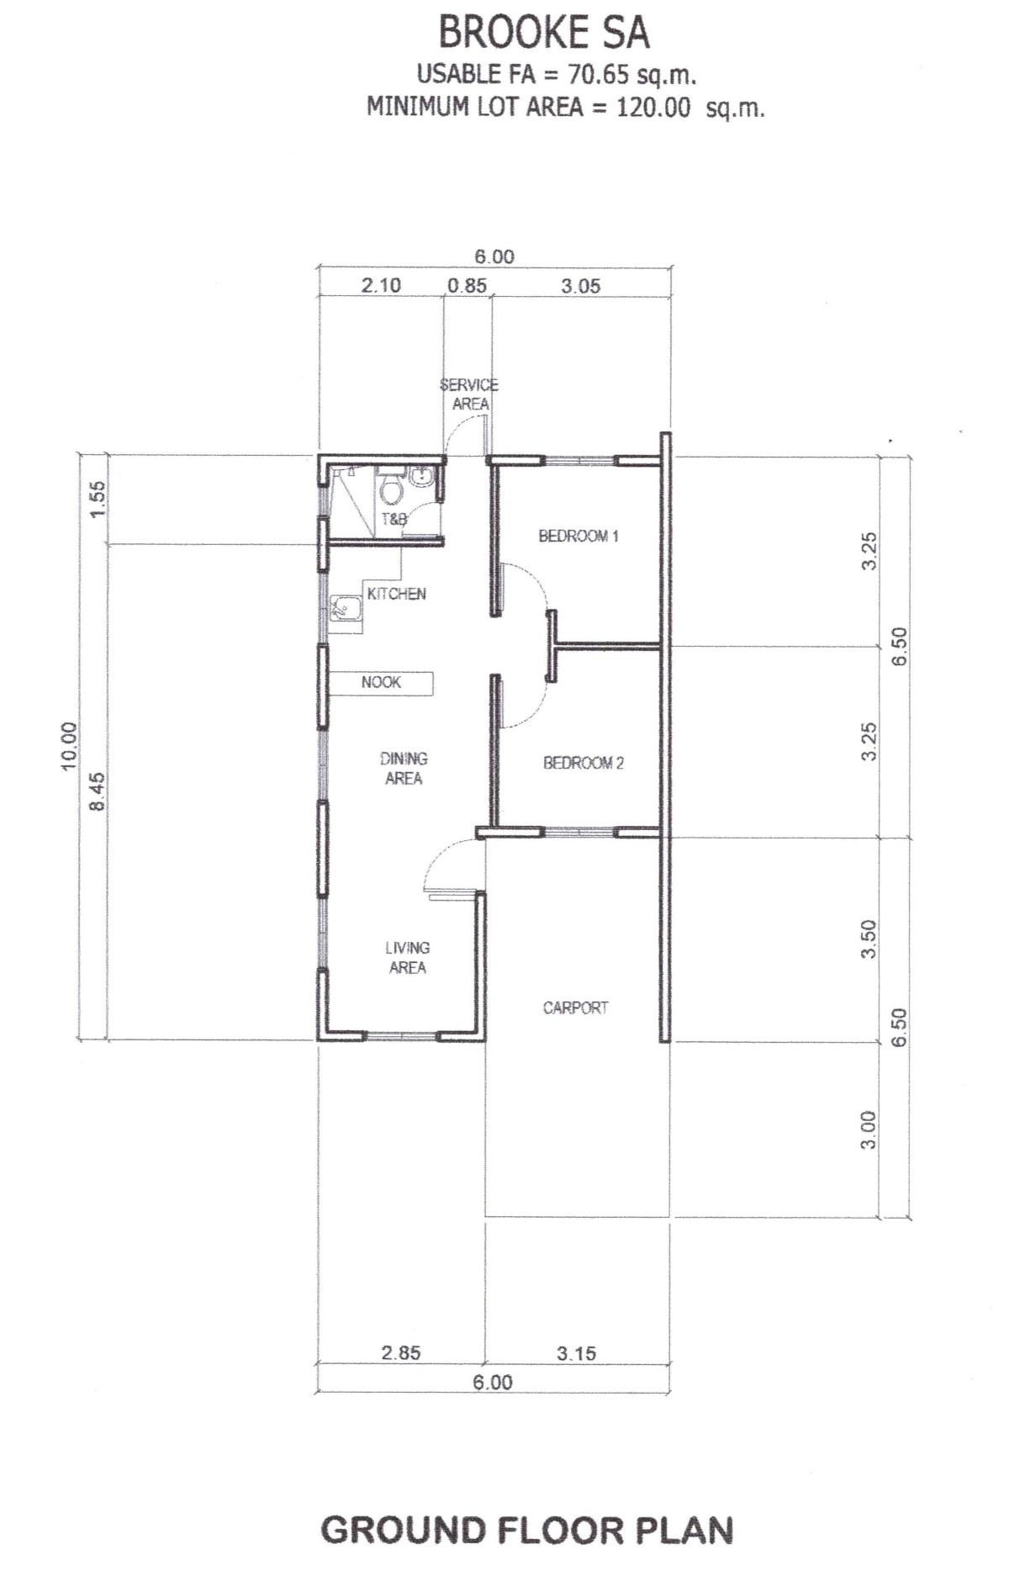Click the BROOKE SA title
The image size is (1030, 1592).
coord(544,33)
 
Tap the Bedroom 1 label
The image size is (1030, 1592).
coord(578,536)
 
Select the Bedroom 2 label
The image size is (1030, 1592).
coord(584,763)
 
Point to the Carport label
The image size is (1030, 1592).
coord(575,1008)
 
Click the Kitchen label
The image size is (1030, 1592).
coord(397,594)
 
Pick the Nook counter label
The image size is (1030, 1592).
coord(381,682)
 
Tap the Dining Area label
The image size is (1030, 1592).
coord(404,769)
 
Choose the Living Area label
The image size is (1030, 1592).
coord(408,957)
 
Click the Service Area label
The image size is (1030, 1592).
coord(469,394)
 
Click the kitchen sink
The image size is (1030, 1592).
coord(343,608)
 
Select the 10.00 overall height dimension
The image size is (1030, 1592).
coord(69,745)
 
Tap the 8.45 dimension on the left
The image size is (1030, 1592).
coord(98,791)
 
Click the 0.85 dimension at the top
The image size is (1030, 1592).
coord(467,285)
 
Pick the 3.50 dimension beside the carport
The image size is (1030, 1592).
coord(869,939)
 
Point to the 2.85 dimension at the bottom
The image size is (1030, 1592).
coord(401,1353)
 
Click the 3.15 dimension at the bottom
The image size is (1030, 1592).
coord(576,1353)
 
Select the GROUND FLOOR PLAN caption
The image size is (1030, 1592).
coord(527,1530)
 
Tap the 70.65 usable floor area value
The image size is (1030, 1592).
coord(598,75)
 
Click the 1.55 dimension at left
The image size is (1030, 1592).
coord(98,499)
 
